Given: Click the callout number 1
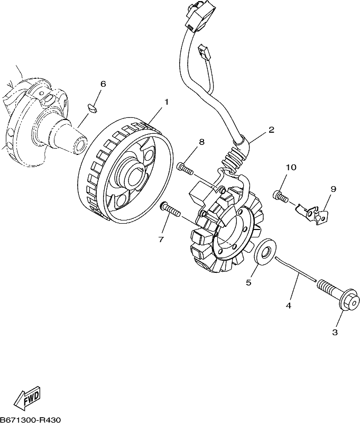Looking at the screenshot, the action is click(x=167, y=102).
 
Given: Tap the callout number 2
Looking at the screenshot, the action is click(x=271, y=130).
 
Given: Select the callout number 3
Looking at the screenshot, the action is click(x=335, y=333).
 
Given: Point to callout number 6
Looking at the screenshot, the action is click(x=103, y=84).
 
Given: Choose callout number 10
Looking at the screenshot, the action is click(x=291, y=167).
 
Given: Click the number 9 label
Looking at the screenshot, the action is click(x=333, y=189).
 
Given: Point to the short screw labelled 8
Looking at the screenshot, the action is click(x=185, y=169).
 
